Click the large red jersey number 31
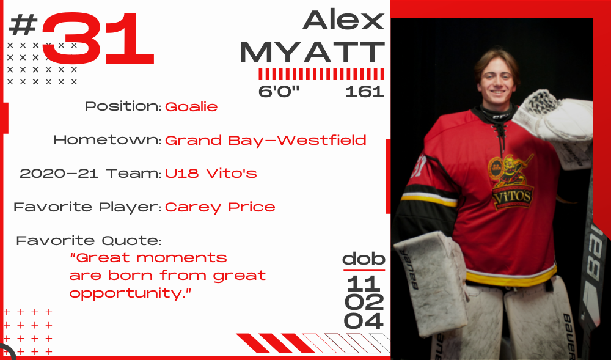tap(98, 38)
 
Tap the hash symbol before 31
tap(23, 24)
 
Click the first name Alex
tap(343, 20)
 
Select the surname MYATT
tap(312, 51)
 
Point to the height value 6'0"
tap(279, 91)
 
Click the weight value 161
tap(365, 92)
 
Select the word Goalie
tap(191, 106)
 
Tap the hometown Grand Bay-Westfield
tap(266, 140)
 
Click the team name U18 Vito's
tap(211, 173)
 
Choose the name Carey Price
tap(220, 207)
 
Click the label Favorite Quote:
tap(89, 240)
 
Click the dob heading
tap(364, 259)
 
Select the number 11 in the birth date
tap(363, 283)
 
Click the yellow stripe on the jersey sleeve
tap(429, 200)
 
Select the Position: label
tap(123, 106)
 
